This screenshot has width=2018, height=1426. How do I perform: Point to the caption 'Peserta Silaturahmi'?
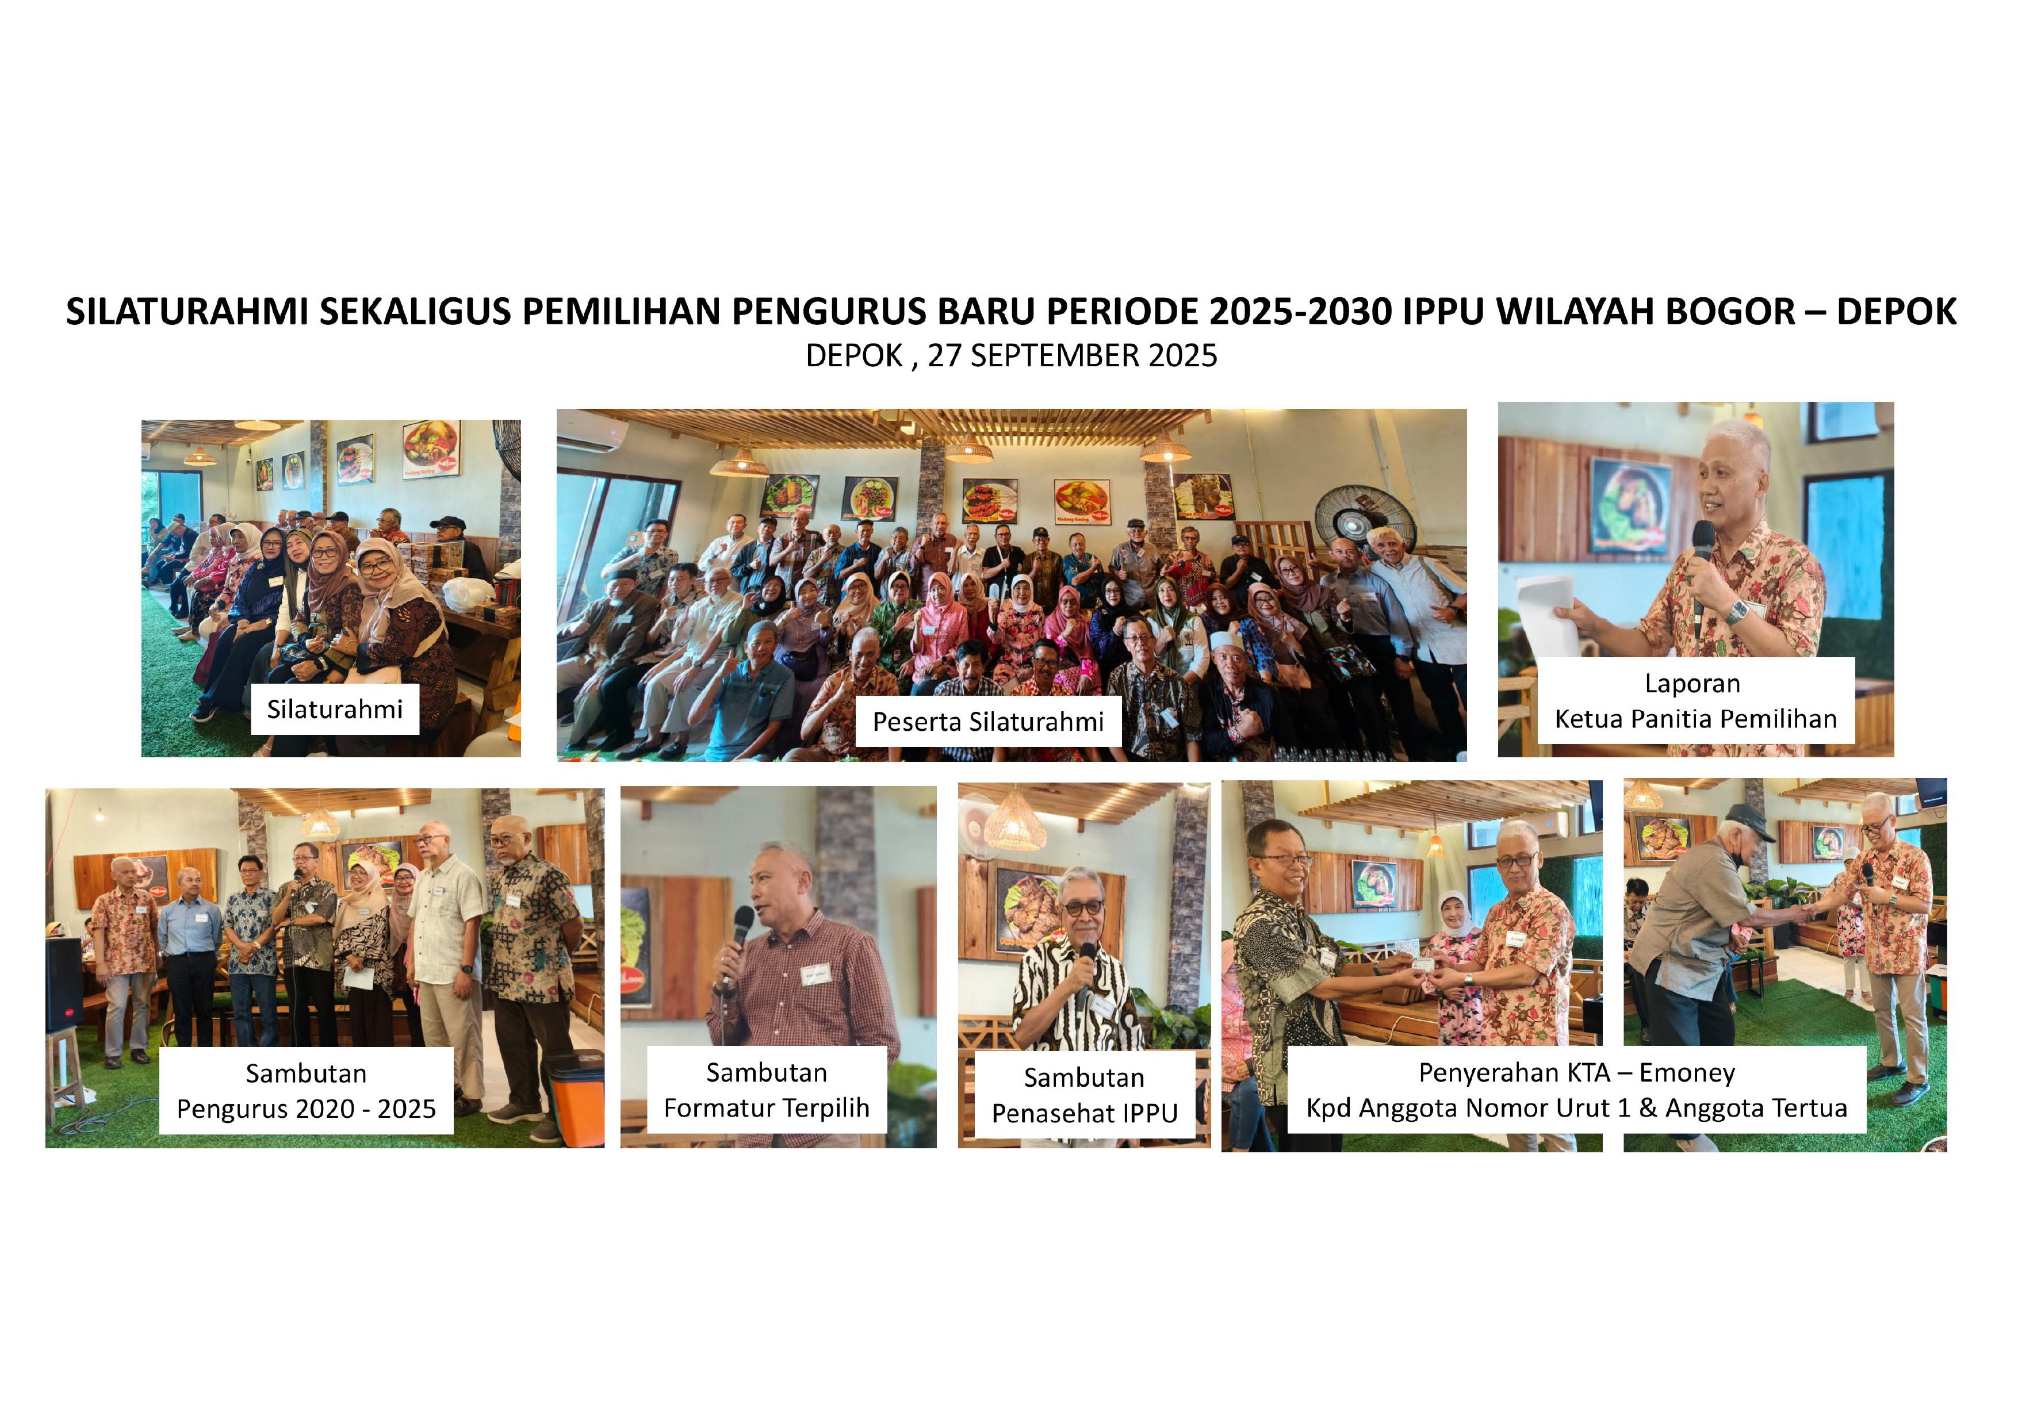pos(988,722)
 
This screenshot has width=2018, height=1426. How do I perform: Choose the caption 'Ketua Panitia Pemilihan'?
pos(1695,719)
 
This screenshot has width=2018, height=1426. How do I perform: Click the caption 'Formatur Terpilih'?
pos(767,1108)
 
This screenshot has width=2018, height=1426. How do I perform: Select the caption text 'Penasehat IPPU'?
pos(1085,1113)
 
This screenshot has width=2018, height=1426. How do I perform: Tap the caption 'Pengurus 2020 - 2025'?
pos(306,1109)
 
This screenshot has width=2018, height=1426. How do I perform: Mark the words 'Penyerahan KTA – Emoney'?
pos(1577,1073)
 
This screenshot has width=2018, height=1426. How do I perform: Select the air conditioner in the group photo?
pos(592,431)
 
